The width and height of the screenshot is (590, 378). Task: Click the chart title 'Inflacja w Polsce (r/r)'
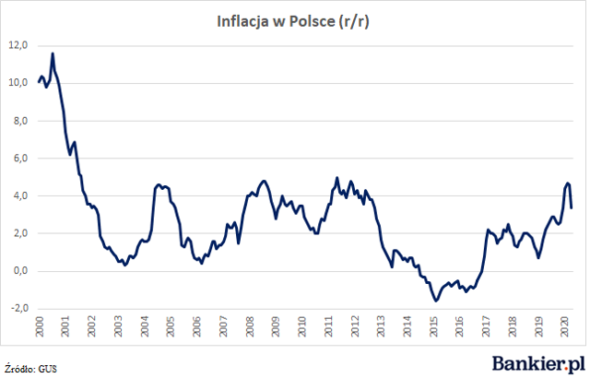tap(293, 22)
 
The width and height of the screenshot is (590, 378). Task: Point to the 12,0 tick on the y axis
tap(18, 45)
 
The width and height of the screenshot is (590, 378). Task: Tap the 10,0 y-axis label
tap(18, 83)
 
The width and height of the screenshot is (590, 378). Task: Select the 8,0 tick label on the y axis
tap(20, 121)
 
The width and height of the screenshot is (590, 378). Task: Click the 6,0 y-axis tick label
tap(20, 159)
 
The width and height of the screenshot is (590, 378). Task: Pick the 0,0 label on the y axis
tap(20, 271)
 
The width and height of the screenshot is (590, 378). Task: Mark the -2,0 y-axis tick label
tap(19, 309)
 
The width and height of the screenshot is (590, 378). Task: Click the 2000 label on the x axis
tap(39, 326)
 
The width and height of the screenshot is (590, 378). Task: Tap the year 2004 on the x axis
tap(145, 326)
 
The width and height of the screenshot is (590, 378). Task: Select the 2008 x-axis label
tap(250, 326)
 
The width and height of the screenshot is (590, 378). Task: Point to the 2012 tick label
tap(355, 326)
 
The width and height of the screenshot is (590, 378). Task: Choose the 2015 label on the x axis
tap(434, 326)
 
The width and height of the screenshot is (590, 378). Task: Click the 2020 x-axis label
tap(565, 326)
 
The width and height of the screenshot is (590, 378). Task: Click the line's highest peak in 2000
tap(53, 53)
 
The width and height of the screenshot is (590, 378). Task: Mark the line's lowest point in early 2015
tap(436, 301)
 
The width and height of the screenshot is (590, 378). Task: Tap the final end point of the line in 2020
tap(572, 207)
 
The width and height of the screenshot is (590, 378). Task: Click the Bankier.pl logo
tap(538, 364)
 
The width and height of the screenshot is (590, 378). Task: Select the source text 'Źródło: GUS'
tap(30, 368)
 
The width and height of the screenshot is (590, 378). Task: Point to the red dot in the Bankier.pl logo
tap(566, 369)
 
